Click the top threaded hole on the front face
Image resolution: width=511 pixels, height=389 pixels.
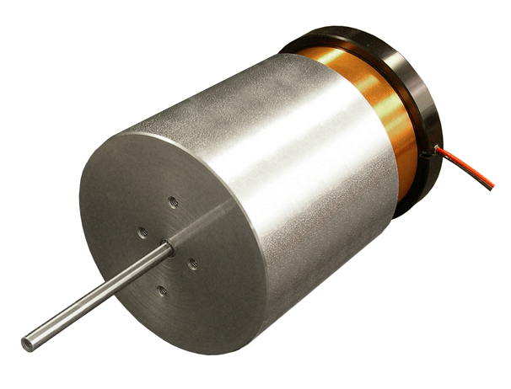tap(173, 201)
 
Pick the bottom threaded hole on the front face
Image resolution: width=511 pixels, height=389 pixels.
tap(162, 290)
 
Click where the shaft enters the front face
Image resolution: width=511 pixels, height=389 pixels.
tap(166, 248)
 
